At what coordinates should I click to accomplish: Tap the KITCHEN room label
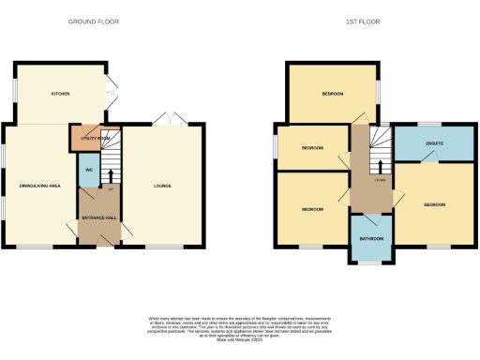click(61, 94)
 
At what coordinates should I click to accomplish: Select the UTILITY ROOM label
click(96, 138)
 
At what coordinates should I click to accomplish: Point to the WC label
click(88, 170)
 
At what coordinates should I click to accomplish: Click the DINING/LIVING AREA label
click(40, 187)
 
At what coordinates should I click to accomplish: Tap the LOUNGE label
click(162, 187)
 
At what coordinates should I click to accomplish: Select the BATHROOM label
click(370, 238)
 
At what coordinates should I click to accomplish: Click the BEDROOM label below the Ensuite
click(433, 203)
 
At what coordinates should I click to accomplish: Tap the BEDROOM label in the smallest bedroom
click(312, 149)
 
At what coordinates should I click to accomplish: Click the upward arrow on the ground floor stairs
click(111, 174)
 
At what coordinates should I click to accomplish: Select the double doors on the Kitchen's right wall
click(113, 94)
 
